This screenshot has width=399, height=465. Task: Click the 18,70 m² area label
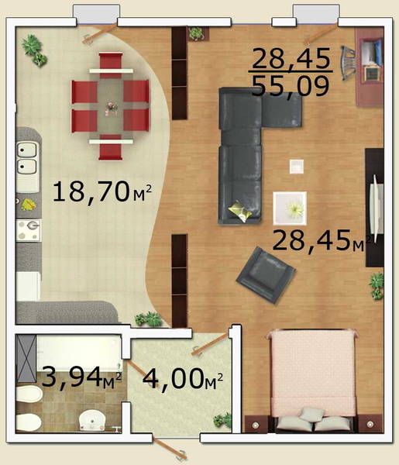102,192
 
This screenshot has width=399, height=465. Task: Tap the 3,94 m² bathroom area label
81,377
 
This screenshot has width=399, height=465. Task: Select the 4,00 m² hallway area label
182,379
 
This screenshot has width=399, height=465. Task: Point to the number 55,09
291,86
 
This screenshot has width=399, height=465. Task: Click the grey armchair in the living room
266,275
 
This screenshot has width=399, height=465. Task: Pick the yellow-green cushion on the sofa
240,211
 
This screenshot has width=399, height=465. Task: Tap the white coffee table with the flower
290,208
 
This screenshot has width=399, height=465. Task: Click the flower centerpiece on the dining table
111,108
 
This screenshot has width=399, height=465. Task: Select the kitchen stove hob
29,230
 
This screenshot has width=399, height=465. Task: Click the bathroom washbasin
92,420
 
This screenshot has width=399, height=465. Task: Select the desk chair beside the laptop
348,63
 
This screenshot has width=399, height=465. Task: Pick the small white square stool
297,167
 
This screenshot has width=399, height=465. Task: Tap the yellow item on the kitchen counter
29,205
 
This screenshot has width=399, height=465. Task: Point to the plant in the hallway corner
222,421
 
